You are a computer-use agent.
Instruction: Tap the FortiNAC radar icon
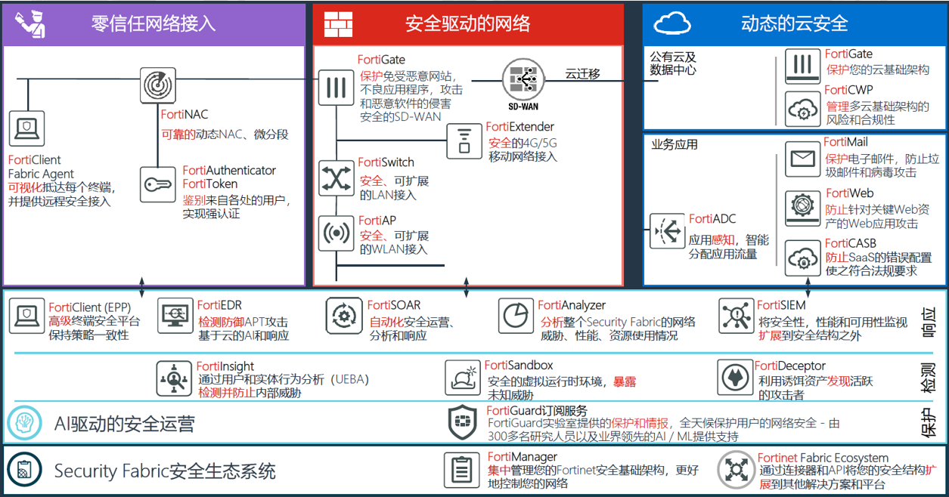coord(158,85)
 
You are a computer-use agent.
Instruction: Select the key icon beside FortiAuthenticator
coord(158,184)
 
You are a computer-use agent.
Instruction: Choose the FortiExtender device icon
coord(464,140)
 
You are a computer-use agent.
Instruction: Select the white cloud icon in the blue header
coord(672,23)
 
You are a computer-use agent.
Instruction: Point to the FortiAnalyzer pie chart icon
coord(516,316)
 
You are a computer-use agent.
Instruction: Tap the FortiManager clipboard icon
coord(462,470)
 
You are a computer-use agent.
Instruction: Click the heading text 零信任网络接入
coord(154,23)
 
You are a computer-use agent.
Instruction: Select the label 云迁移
coord(582,74)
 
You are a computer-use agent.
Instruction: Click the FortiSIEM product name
coord(781,306)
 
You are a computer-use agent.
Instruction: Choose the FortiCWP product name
coord(848,90)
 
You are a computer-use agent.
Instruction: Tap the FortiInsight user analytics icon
coord(175,378)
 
